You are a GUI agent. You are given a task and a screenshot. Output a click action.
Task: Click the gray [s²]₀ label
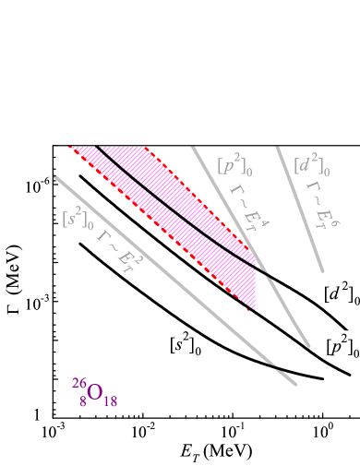[x=78, y=217]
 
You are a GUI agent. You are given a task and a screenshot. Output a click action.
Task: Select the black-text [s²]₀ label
[x=186, y=343]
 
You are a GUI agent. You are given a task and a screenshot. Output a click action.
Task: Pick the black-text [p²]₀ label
[x=342, y=346]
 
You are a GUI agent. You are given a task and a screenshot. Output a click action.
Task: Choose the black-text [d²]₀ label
[x=341, y=293]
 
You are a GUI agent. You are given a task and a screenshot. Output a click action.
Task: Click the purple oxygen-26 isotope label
[x=92, y=391]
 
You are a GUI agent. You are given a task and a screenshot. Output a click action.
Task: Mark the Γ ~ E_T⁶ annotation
[x=319, y=206]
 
